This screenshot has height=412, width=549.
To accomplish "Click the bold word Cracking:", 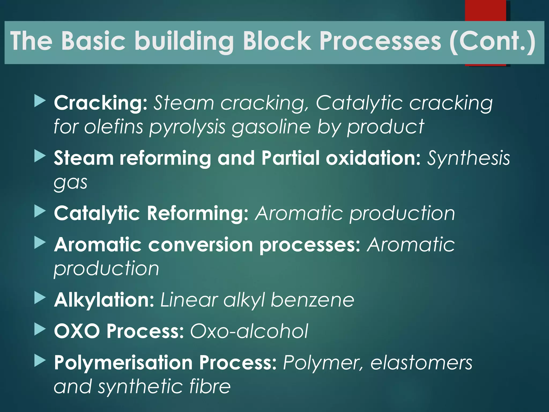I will click(x=101, y=103).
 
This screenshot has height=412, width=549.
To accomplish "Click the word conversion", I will click(x=201, y=245).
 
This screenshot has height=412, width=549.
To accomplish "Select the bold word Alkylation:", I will click(x=104, y=300).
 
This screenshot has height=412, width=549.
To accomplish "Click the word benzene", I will click(x=312, y=300).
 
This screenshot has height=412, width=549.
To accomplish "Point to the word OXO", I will click(x=77, y=331).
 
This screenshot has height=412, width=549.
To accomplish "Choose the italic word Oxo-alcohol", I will click(x=249, y=331).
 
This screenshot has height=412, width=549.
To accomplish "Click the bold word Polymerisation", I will click(x=123, y=362).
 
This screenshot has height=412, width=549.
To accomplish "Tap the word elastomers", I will click(x=421, y=362).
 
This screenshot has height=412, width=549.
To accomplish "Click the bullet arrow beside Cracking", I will click(x=40, y=102).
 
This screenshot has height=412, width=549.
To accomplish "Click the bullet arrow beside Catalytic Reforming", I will click(x=40, y=212).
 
